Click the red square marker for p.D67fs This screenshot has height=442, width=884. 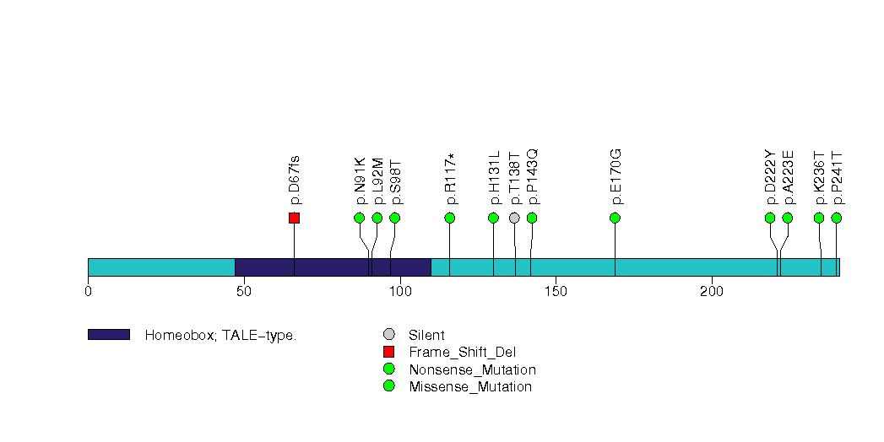pyautogui.click(x=294, y=218)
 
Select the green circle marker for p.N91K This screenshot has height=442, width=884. pyautogui.click(x=360, y=218)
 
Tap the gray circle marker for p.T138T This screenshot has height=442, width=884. pyautogui.click(x=515, y=218)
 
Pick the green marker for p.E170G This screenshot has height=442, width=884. pyautogui.click(x=615, y=218)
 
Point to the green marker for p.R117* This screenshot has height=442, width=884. pyautogui.click(x=450, y=218)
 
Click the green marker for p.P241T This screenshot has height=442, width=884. pyautogui.click(x=837, y=218)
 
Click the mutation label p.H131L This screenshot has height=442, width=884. pyautogui.click(x=495, y=178)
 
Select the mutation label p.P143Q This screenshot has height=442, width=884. pyautogui.click(x=532, y=176)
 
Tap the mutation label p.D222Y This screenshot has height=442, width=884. pyautogui.click(x=770, y=177)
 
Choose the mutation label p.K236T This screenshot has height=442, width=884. pyautogui.click(x=819, y=178)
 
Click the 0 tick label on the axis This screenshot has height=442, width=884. pyautogui.click(x=88, y=292)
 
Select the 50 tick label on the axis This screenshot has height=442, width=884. pyautogui.click(x=243, y=292)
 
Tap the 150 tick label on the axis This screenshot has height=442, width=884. pyautogui.click(x=556, y=292)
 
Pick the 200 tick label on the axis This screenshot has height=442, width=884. pyautogui.click(x=712, y=292)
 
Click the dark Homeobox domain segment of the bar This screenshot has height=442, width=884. pyautogui.click(x=333, y=267)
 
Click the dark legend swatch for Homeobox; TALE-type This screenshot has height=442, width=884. pyautogui.click(x=109, y=335)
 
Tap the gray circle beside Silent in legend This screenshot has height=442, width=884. pyautogui.click(x=388, y=335)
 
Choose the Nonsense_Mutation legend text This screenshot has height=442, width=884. pyautogui.click(x=472, y=369)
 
